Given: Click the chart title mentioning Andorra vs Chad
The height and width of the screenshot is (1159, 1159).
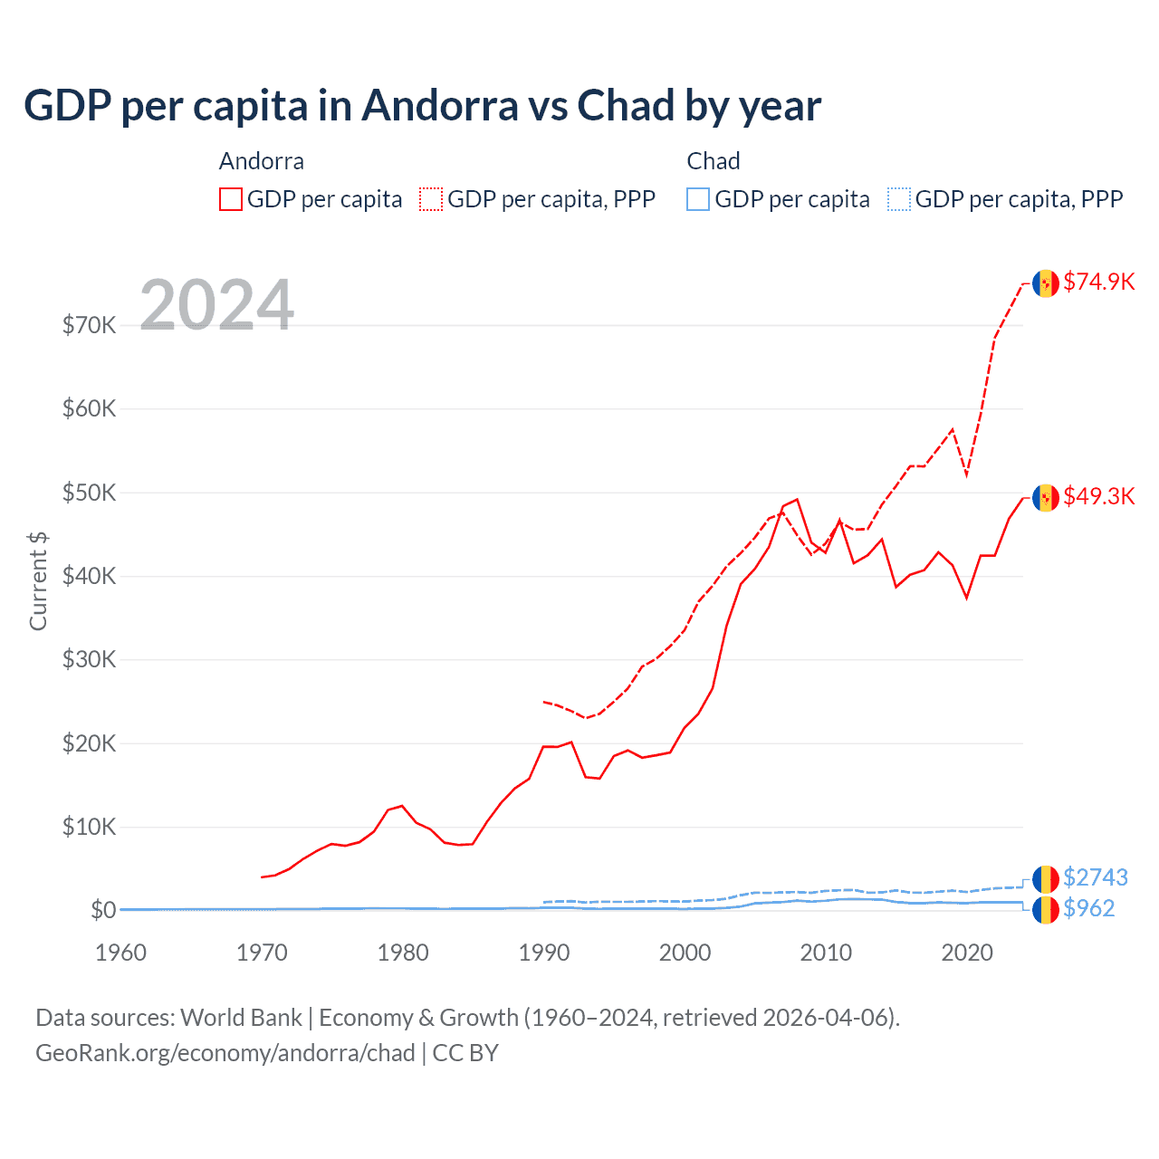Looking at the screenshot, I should [x=422, y=106].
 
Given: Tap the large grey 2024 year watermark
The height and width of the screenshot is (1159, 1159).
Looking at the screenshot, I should [x=216, y=305].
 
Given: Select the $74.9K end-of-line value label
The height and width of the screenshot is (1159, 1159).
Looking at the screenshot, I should [x=1098, y=282].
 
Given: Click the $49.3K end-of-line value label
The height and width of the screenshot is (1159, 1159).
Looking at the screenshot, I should [x=1098, y=496].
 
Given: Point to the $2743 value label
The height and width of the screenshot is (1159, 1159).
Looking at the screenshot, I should [x=1095, y=877].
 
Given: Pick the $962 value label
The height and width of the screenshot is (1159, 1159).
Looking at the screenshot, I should [x=1088, y=908].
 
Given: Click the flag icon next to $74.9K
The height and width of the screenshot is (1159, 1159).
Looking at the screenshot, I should [x=1046, y=283].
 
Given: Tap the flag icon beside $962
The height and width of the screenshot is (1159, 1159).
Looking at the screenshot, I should [x=1046, y=909].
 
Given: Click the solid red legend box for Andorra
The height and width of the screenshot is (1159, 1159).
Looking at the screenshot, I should [x=231, y=199].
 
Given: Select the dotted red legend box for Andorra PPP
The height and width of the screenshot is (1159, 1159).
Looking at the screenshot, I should [x=431, y=199].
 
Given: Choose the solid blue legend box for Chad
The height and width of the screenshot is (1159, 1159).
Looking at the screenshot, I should [x=698, y=199].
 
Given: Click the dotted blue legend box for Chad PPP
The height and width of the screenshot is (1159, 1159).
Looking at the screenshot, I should [x=899, y=199].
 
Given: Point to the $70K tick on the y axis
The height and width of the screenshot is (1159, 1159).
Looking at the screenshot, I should [x=89, y=325].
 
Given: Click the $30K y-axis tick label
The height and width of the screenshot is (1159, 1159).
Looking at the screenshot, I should [x=89, y=659].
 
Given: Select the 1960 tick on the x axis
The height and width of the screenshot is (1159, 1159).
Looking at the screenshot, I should [x=121, y=953].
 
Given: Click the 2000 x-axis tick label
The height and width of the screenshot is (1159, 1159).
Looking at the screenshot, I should [x=685, y=953].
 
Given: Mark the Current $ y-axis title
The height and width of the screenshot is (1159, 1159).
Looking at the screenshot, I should [x=38, y=581].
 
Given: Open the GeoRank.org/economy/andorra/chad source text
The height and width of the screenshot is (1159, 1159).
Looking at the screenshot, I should [x=225, y=1053].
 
